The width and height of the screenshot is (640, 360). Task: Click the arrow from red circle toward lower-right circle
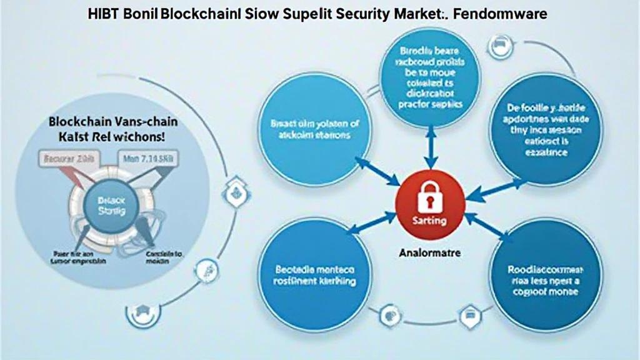(x=487, y=229)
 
